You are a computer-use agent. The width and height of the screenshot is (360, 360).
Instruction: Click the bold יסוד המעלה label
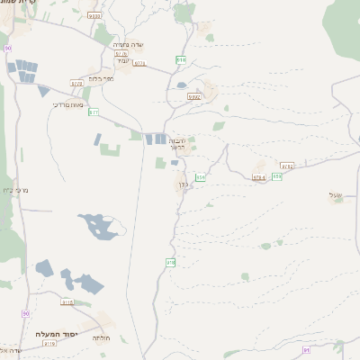(x=55, y=335)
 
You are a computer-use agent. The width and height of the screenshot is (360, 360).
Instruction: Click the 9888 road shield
(x=94, y=15)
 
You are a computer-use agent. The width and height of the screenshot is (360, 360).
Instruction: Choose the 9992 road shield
(x=195, y=96)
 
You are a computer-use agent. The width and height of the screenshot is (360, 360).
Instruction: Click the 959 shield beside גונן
(x=201, y=178)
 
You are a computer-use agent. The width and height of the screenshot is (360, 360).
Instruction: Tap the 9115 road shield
(x=67, y=302)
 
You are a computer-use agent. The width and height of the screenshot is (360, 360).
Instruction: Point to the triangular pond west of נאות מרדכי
(x=43, y=91)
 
